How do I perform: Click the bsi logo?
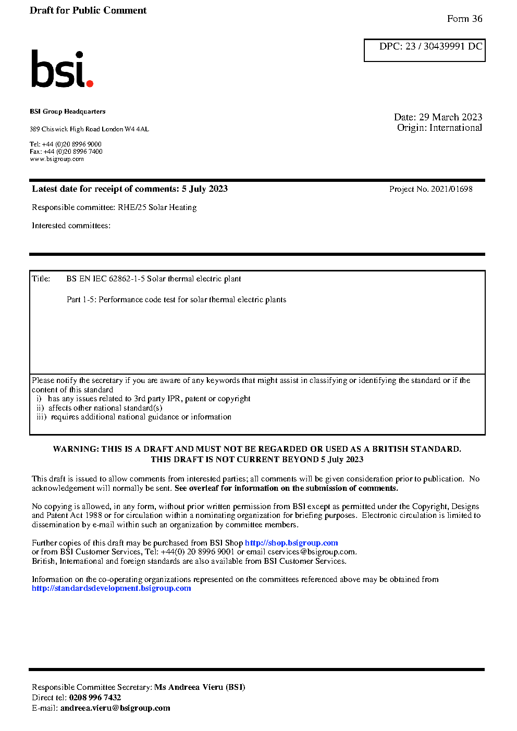pos(61,69)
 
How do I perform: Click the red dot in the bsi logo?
pos(90,83)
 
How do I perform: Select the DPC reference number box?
pos(424,50)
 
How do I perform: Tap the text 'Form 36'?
pos(464,19)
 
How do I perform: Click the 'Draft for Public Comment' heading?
pos(88,10)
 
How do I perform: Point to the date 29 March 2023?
pos(450,117)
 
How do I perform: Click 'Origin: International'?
pos(439,128)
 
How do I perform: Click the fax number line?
pos(66,152)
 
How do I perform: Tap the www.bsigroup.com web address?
pos(57,159)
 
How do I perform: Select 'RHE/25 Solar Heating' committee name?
pos(157,207)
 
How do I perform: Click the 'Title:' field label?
pos(41,279)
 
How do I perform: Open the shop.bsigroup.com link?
pos(291,543)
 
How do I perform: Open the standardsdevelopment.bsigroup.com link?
pos(112,588)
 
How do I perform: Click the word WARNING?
pos(76,449)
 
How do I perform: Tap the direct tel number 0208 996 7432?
pos(95,698)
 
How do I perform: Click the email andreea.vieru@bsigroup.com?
pos(115,708)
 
